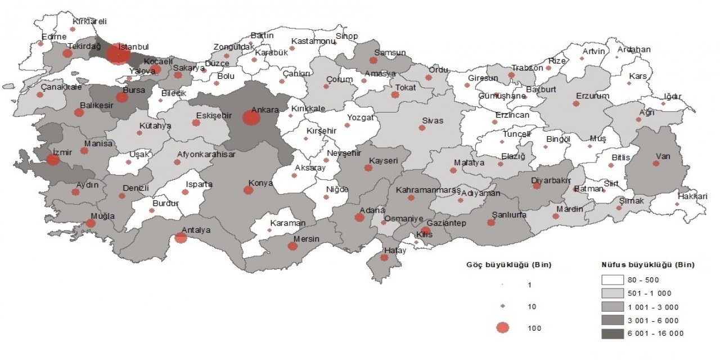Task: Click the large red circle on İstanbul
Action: (118, 54)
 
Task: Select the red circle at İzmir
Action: (53, 160)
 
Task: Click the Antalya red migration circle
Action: (181, 238)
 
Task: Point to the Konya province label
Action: (261, 183)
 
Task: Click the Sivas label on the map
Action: (433, 120)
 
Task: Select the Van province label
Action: (663, 157)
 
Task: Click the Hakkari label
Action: (692, 196)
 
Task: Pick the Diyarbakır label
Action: (551, 180)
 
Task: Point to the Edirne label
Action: (54, 37)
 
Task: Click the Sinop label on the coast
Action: (346, 37)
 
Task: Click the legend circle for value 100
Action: (503, 328)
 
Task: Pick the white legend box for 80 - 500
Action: (616, 280)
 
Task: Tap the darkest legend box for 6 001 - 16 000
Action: (616, 334)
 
